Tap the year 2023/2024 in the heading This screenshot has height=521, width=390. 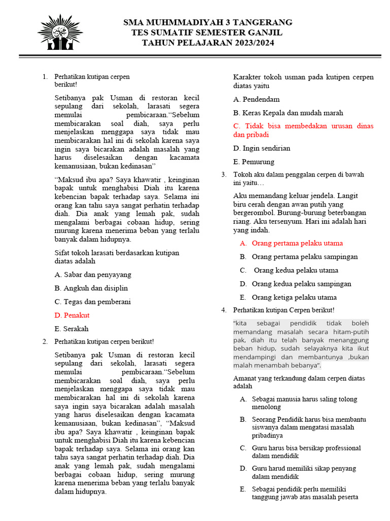point(250,43)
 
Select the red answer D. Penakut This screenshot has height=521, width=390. point(72,315)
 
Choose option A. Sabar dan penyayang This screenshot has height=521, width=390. point(92,275)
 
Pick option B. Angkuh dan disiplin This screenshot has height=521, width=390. point(91,288)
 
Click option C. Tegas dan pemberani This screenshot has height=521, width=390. point(92,302)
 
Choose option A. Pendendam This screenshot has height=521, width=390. point(256,99)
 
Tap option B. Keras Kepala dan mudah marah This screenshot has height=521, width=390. point(288,113)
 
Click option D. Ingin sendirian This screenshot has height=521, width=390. point(262,149)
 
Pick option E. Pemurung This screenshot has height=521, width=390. point(253,162)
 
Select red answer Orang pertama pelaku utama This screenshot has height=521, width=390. point(297,243)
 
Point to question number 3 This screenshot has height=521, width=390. point(223,175)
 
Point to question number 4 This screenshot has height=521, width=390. point(223,310)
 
